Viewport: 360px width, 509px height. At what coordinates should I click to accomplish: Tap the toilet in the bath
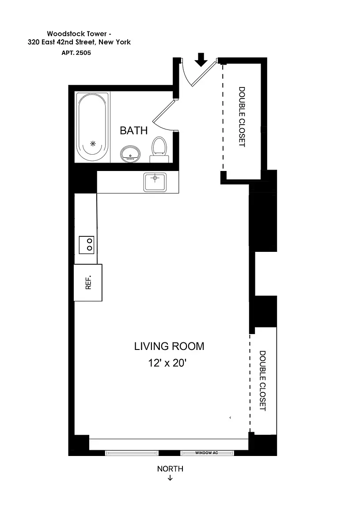click(159, 148)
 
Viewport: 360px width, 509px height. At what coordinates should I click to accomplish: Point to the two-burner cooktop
click(87, 245)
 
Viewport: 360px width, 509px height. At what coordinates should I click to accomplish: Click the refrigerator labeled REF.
click(88, 283)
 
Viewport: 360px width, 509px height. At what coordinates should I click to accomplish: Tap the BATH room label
click(134, 131)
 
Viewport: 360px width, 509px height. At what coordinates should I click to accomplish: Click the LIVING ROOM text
click(169, 346)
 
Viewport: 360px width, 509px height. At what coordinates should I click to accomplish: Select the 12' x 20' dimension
click(169, 364)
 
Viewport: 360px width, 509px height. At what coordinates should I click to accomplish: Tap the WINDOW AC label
click(207, 453)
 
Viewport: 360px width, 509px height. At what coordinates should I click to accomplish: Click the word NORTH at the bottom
click(170, 469)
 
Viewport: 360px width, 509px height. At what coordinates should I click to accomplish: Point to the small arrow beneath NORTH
click(170, 478)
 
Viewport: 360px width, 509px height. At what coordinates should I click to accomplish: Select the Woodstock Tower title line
click(79, 34)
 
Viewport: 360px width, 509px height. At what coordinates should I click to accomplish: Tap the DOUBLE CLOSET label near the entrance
click(242, 117)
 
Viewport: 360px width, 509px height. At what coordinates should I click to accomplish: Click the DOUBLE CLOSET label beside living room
click(262, 381)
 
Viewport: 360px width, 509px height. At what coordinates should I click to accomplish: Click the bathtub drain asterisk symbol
click(93, 143)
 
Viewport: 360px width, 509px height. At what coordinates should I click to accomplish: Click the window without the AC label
click(131, 453)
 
